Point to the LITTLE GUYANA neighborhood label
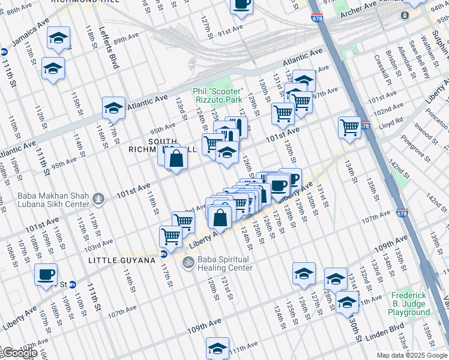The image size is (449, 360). point(118,260)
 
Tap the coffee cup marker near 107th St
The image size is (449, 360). point(46,275)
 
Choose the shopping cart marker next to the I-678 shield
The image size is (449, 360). point(349,127)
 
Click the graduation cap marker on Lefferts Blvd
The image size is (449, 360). point(113,108)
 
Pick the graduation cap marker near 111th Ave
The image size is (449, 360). point(217,349)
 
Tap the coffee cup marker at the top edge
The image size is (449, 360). point(241,4)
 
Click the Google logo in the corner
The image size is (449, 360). point(19,353)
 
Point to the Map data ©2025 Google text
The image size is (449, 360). point(411,355)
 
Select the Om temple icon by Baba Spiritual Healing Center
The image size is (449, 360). point(187,262)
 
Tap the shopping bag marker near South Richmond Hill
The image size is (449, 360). point(176,160)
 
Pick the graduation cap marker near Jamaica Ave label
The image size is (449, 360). point(58,38)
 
